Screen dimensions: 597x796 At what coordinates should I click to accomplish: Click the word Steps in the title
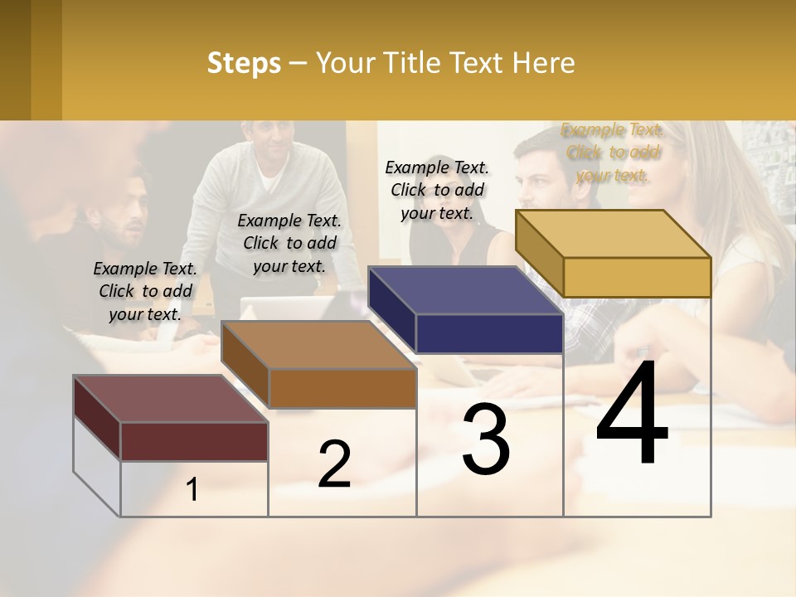[x=244, y=63]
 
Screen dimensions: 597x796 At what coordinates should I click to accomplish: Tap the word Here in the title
[x=543, y=63]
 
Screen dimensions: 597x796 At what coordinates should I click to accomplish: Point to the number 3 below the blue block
[x=486, y=439]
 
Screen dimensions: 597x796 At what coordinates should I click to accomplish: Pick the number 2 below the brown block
[x=334, y=464]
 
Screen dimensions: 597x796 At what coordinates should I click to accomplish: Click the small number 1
[x=192, y=490]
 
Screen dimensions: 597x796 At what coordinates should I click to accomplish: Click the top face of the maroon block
[x=170, y=398]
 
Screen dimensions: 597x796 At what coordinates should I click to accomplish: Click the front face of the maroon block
[x=194, y=441]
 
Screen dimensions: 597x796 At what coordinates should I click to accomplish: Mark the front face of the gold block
[x=637, y=277]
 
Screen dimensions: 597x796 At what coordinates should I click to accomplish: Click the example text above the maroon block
[x=145, y=291]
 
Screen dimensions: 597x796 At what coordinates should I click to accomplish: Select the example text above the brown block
[x=289, y=243]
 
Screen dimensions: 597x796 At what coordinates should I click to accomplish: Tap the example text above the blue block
[x=437, y=190]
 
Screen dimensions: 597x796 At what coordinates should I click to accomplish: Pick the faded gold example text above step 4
[x=613, y=152]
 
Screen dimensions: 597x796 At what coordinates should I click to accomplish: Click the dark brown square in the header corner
[x=16, y=60]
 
